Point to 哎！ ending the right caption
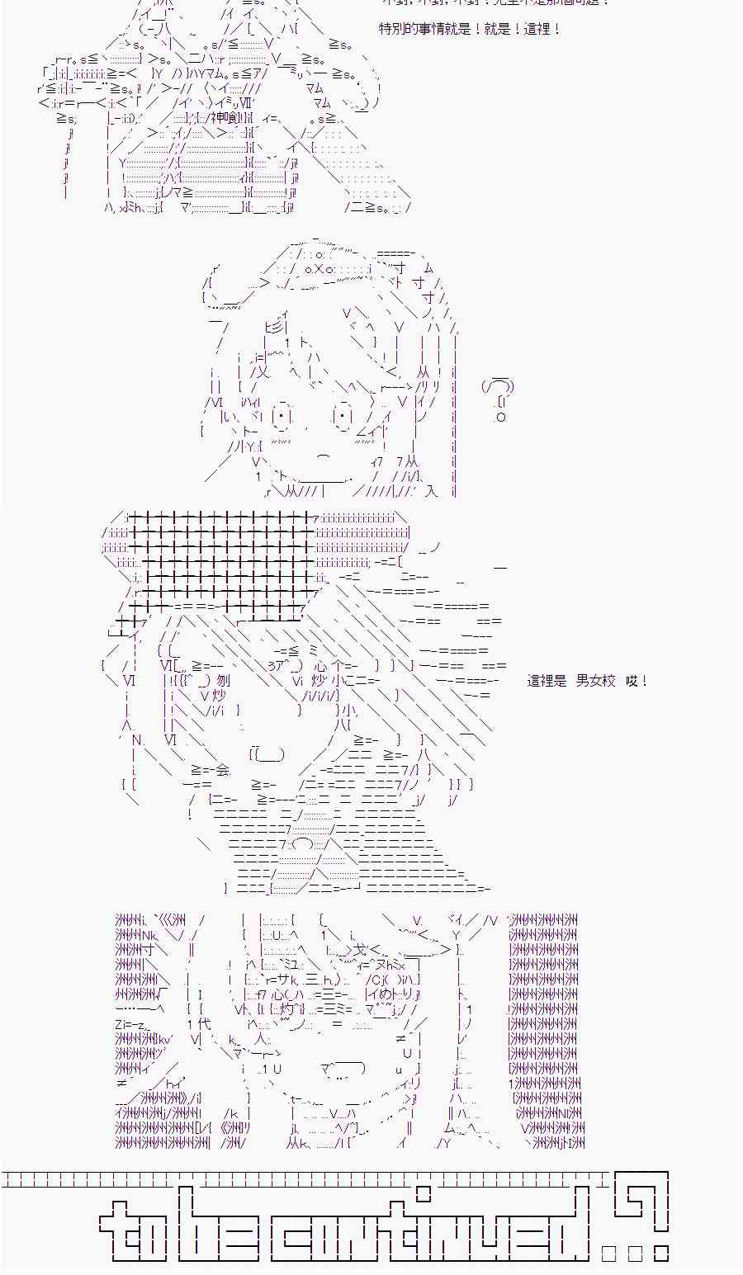(x=637, y=681)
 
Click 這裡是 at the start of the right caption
(x=547, y=681)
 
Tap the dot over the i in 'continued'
(x=424, y=1193)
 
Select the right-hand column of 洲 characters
(x=545, y=1032)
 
